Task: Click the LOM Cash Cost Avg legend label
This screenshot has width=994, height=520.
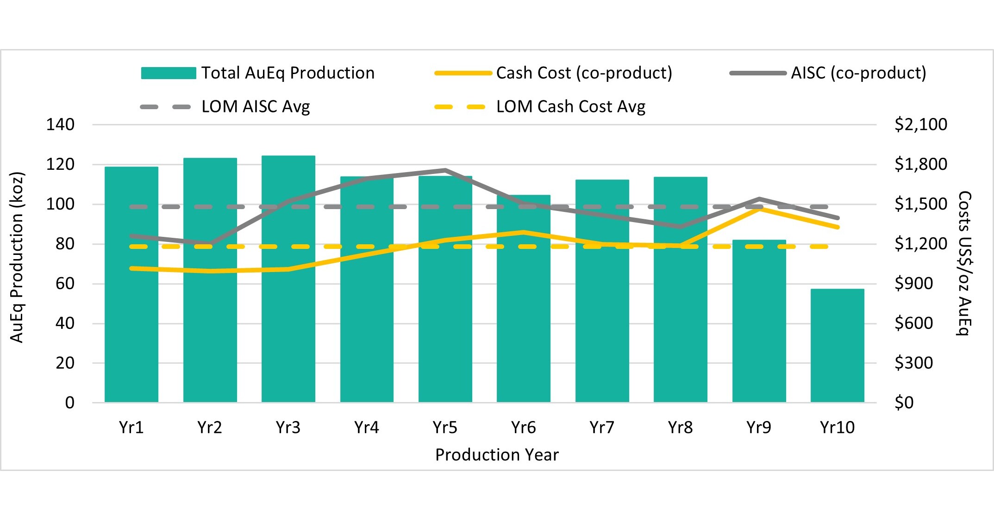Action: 570,107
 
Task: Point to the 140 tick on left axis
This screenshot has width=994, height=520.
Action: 60,124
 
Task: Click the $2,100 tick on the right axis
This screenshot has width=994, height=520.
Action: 920,124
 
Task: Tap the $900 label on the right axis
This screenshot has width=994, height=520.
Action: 913,284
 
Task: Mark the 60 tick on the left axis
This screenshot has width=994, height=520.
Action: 65,284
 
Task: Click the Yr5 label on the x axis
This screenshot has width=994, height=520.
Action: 445,427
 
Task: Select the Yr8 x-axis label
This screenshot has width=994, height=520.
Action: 680,427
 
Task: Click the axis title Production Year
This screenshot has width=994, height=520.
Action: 497,455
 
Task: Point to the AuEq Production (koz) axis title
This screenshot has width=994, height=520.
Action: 17,258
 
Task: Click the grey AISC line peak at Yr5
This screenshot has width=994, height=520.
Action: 445,170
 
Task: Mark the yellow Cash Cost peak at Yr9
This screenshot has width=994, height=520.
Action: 759,208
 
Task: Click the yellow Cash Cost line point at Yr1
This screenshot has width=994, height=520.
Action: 132,268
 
